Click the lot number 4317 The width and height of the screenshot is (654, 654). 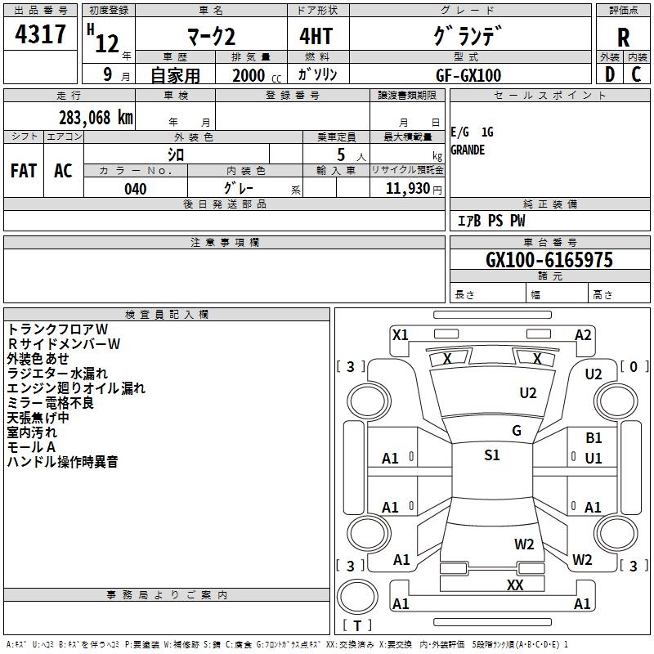pos(40,34)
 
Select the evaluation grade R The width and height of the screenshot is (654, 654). pos(623,38)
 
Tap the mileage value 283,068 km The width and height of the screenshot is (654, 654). pos(96,118)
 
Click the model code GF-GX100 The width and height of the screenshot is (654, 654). pos(468,75)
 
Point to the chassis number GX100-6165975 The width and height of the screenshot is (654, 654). pos(549,259)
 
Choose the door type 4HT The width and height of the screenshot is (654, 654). pos(316,36)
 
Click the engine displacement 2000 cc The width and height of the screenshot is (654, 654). pos(257,75)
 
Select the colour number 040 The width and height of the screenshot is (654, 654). pos(136,189)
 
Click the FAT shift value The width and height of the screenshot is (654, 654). pos(24,171)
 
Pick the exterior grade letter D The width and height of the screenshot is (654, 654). pos(610,74)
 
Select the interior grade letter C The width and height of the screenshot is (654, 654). pos(636,74)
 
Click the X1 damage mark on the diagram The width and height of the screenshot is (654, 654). pos(400,335)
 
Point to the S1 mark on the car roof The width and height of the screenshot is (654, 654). pos(492,455)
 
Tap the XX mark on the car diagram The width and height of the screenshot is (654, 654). pos(515,585)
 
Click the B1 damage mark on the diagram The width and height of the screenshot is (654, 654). pos(594,438)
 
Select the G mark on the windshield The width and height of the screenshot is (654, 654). pos(517,430)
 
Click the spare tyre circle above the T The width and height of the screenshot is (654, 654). pos(357,597)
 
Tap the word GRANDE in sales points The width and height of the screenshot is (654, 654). pos(468,150)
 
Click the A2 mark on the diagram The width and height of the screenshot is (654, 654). pos(583,335)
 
